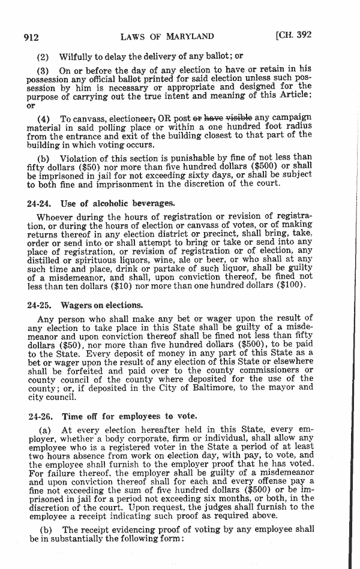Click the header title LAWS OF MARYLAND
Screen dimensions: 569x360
(x=167, y=37)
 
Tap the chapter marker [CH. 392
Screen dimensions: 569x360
(x=293, y=35)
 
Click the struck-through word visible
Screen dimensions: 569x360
(x=239, y=116)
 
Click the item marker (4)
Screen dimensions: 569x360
(x=44, y=117)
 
